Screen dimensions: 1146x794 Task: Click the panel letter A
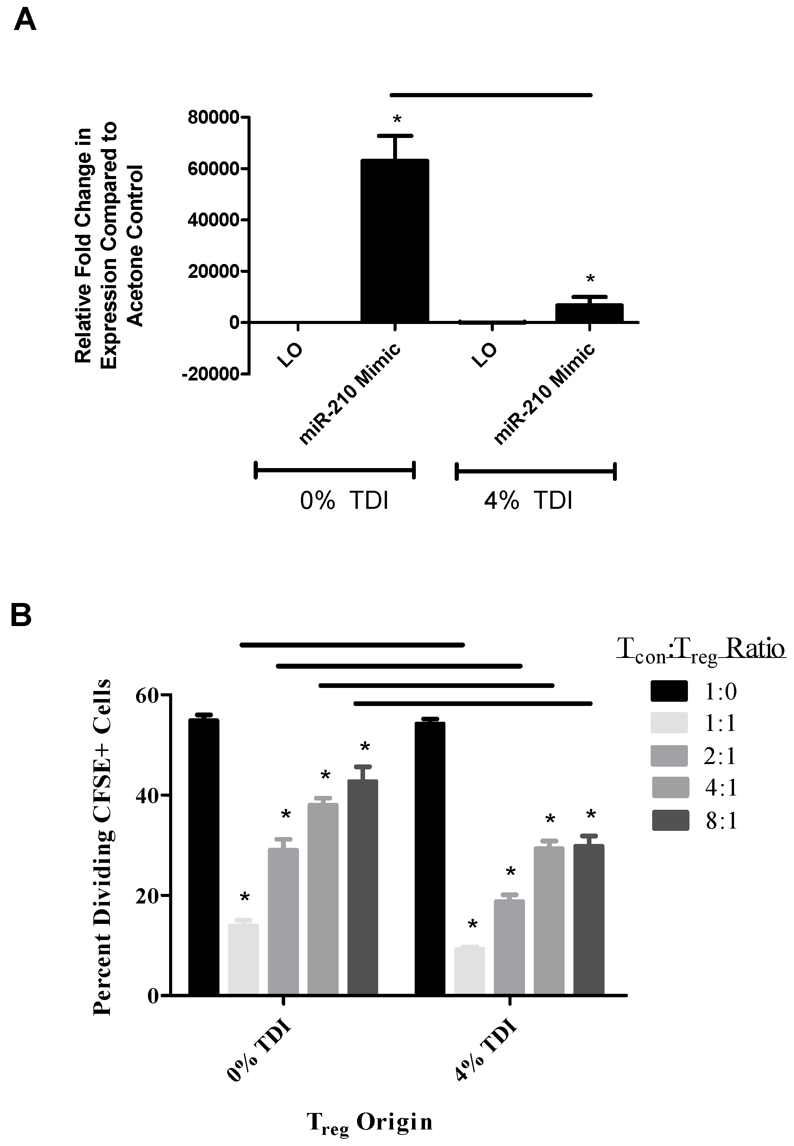25,21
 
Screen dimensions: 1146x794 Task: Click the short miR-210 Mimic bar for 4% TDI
590,313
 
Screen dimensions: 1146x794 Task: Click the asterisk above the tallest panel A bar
397,120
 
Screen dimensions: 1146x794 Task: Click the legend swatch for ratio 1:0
669,691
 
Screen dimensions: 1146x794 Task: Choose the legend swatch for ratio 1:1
669,723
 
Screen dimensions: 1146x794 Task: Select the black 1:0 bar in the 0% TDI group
203,857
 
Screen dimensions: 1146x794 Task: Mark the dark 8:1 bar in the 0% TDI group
362,887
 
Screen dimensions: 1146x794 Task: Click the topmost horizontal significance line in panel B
352,645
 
